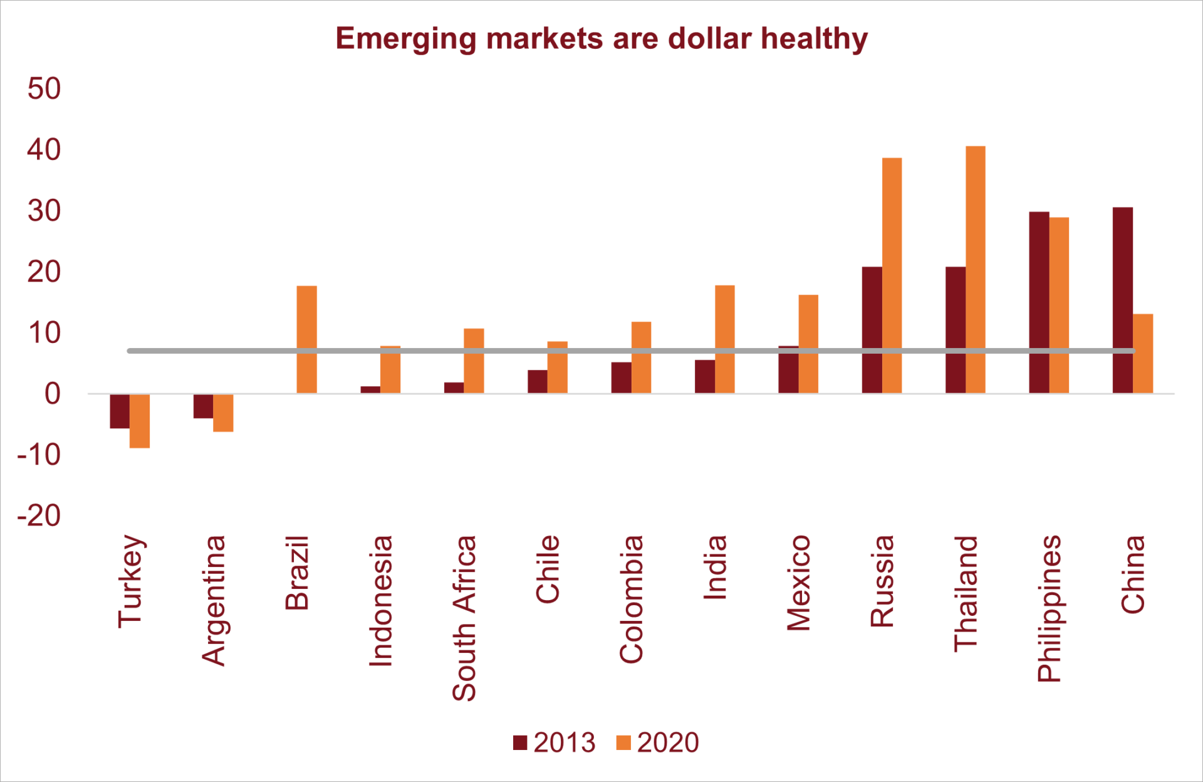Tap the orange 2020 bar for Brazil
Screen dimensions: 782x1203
tap(306, 339)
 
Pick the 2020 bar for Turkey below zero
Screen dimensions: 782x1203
tap(140, 421)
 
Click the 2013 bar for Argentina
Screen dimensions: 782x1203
tap(203, 406)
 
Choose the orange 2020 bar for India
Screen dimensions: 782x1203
tap(724, 339)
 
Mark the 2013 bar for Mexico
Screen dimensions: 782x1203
tap(788, 370)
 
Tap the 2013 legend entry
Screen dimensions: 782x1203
tap(555, 742)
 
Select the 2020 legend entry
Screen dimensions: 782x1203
tap(658, 742)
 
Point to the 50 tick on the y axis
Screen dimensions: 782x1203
tap(44, 88)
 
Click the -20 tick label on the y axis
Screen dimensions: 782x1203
tap(39, 515)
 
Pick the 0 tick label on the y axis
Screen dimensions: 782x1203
tap(53, 394)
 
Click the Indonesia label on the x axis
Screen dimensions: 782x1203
tap(380, 600)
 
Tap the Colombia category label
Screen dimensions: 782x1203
tap(631, 599)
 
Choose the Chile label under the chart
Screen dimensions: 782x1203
tap(548, 569)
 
